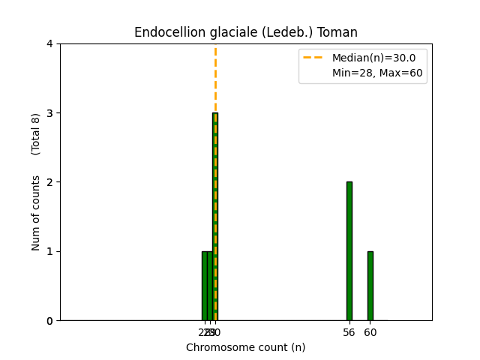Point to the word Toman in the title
click(339, 32)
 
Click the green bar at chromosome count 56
click(349, 251)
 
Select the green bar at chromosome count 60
click(370, 286)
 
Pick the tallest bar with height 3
click(215, 217)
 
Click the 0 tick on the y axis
click(49, 321)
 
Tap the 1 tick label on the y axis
click(49, 251)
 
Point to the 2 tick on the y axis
click(49, 182)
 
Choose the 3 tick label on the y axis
click(49, 113)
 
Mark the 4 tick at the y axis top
click(49, 43)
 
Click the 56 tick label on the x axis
click(349, 332)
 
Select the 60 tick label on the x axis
click(370, 332)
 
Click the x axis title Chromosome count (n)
click(245, 347)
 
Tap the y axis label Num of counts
click(36, 213)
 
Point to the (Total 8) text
click(36, 134)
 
